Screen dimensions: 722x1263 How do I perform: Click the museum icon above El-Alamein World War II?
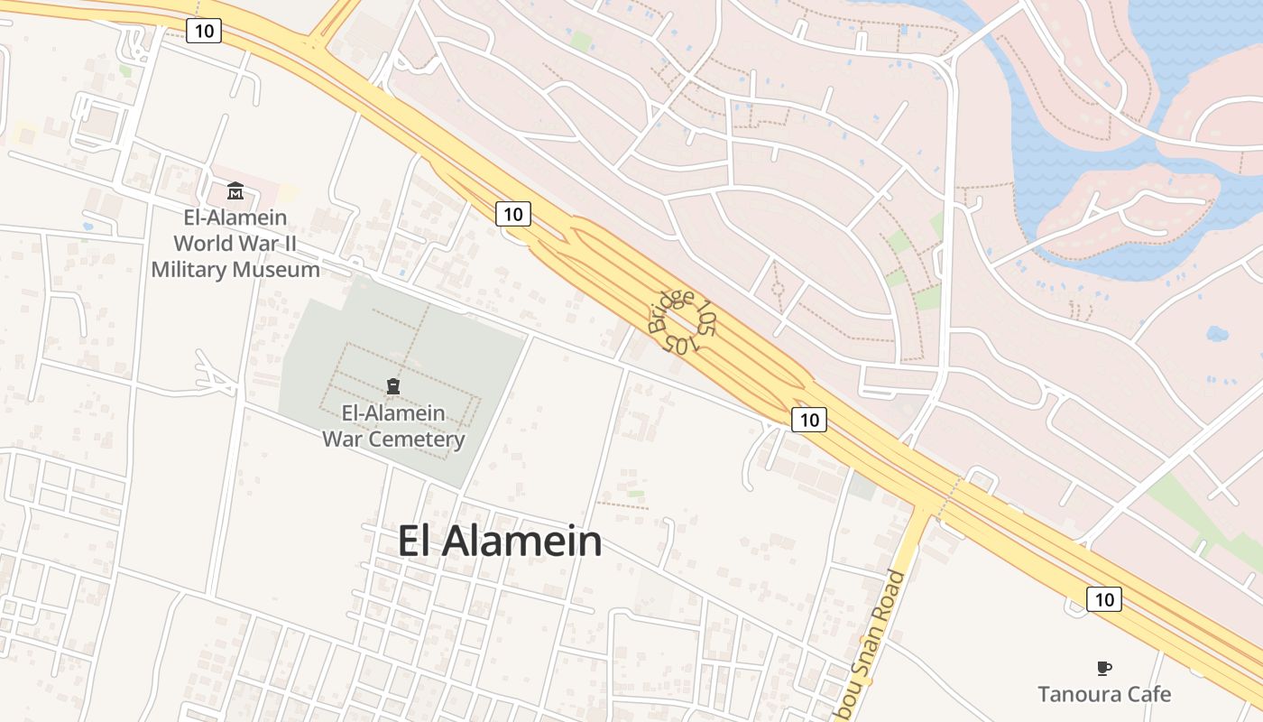235,190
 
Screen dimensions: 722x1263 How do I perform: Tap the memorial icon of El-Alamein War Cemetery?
392,387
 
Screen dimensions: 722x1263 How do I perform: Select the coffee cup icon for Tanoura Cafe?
1103,668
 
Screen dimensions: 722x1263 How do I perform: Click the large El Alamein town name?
500,541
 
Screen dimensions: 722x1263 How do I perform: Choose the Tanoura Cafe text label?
1103,694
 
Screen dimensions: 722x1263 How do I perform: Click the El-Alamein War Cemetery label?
393,427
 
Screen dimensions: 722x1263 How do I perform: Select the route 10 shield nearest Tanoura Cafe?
1103,598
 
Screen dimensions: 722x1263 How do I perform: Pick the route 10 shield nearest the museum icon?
204,31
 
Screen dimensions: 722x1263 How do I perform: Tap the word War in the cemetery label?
341,440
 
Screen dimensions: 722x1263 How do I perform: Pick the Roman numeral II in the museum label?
288,244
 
